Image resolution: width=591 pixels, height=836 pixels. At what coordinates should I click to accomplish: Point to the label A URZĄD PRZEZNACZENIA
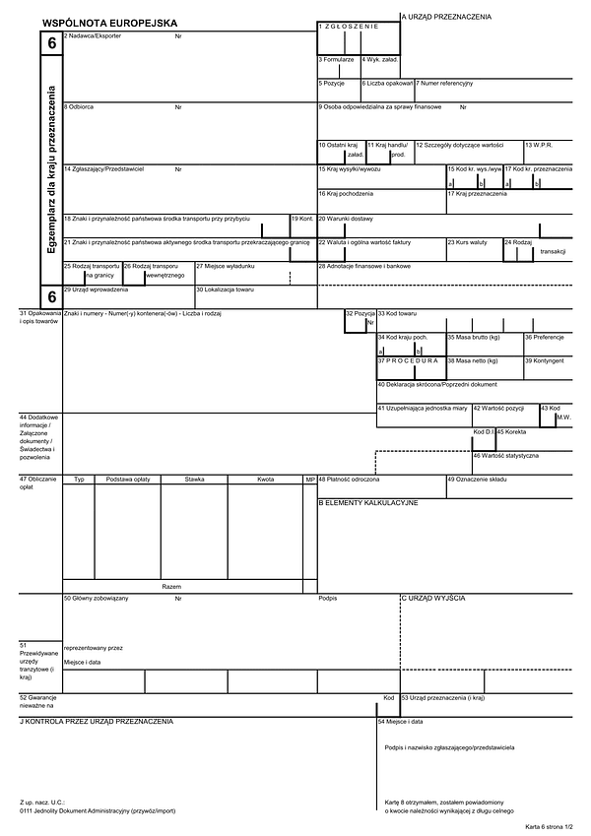tap(446, 17)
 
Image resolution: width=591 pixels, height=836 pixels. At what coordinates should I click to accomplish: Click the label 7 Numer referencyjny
tap(444, 83)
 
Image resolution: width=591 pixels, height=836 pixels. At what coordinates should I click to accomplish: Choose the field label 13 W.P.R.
tap(539, 145)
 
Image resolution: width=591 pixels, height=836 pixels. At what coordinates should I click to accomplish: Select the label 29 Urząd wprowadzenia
tap(96, 289)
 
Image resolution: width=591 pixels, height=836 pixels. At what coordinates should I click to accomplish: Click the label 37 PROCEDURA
tap(407, 360)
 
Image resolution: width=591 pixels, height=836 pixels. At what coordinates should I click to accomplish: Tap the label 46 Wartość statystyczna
tap(505, 455)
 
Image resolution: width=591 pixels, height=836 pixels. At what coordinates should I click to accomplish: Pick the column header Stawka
tap(194, 479)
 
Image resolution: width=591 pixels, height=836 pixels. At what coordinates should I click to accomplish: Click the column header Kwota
tap(265, 479)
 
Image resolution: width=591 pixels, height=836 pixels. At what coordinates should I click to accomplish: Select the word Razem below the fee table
tap(171, 585)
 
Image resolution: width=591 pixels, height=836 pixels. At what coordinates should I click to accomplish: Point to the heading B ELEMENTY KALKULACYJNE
tap(367, 502)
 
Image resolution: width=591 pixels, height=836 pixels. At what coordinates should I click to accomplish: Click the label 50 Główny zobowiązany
tap(97, 598)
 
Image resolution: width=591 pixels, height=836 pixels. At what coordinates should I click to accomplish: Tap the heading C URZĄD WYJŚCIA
tap(432, 598)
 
